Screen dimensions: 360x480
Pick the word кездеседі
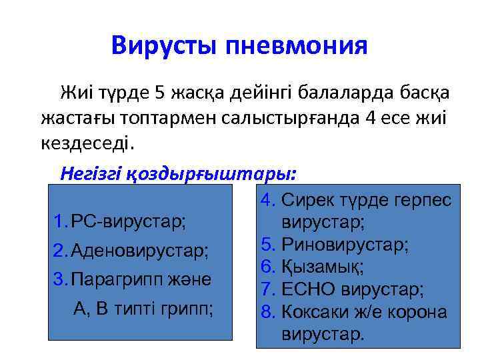[x=87, y=143]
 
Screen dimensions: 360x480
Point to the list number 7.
[x=267, y=289]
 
